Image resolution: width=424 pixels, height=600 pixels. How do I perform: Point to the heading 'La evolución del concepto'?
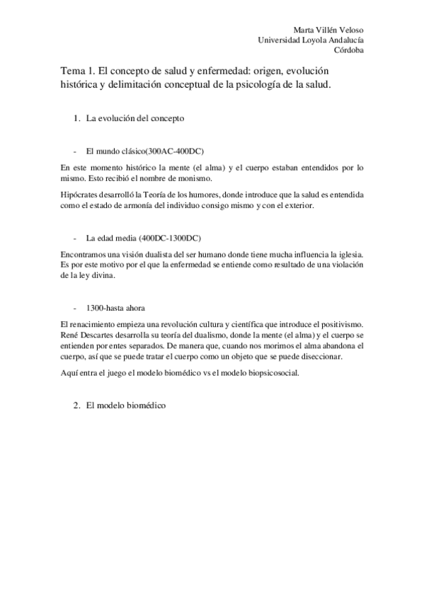click(135, 118)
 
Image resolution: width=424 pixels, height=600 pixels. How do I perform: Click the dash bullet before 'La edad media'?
click(74, 236)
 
